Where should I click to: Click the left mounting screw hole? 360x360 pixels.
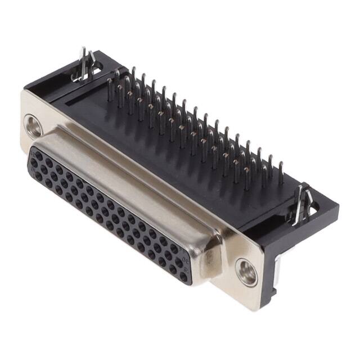[33, 126]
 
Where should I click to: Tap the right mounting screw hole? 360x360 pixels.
[246, 273]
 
